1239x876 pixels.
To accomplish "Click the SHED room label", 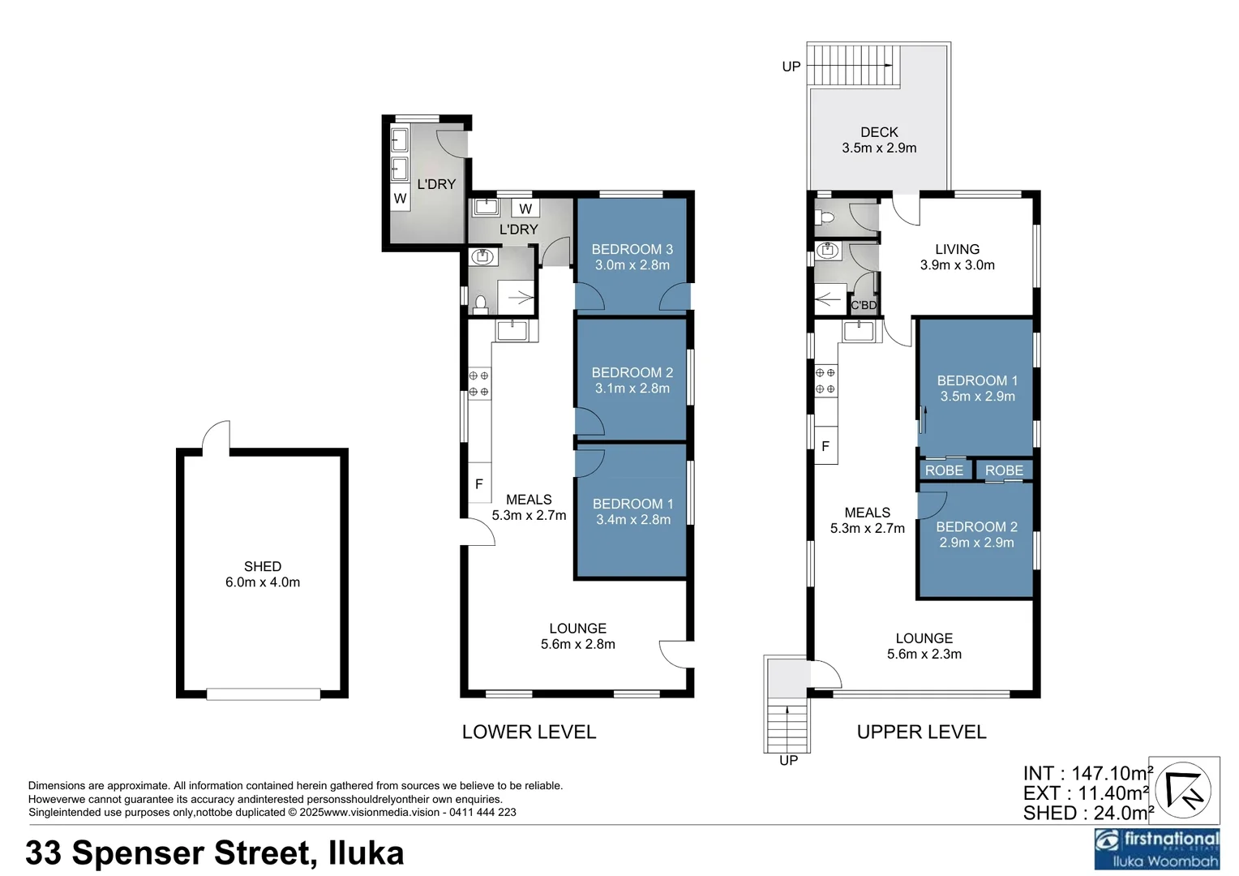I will point(263,566).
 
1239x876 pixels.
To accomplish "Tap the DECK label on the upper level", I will point(879,132).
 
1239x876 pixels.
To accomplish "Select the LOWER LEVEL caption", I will point(529,732).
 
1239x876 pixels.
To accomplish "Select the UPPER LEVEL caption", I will point(921,732).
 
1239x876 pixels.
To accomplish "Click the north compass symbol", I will point(1183,791).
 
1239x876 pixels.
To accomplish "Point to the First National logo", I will point(1156,848).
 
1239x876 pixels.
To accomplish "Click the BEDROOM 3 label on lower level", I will point(632,250).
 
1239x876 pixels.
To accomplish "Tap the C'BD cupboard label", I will point(864,305).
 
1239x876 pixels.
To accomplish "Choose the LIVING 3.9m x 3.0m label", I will point(957,257).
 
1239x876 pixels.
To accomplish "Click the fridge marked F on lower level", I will point(479,484).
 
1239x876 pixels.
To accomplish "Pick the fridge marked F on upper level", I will point(825,446).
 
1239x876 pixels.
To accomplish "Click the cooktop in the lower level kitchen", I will point(479,384).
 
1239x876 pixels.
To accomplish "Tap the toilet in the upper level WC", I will point(826,217).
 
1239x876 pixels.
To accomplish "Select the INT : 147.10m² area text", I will point(1087,774).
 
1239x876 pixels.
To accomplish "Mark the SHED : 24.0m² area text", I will point(1087,813).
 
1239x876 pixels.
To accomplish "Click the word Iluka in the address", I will point(366,853).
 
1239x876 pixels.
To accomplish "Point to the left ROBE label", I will point(944,470).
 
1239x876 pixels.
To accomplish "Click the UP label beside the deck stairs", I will point(791,67).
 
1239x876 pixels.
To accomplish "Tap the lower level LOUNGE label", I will point(577,629).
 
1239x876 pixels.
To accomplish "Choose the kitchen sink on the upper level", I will point(859,331).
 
